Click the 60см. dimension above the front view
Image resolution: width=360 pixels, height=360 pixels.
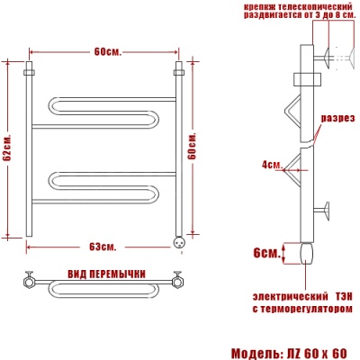tap(108, 52)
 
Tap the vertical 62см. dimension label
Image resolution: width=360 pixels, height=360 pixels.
tap(7, 148)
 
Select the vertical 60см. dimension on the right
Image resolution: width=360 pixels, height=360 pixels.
tap(193, 146)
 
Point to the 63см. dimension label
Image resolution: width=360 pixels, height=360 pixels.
tap(103, 247)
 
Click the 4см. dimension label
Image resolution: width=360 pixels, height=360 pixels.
tap(272, 165)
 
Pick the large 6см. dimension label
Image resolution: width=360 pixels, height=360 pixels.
tap(266, 253)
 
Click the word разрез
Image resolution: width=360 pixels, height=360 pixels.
tap(338, 118)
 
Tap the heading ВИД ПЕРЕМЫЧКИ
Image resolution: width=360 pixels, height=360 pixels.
tap(106, 274)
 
